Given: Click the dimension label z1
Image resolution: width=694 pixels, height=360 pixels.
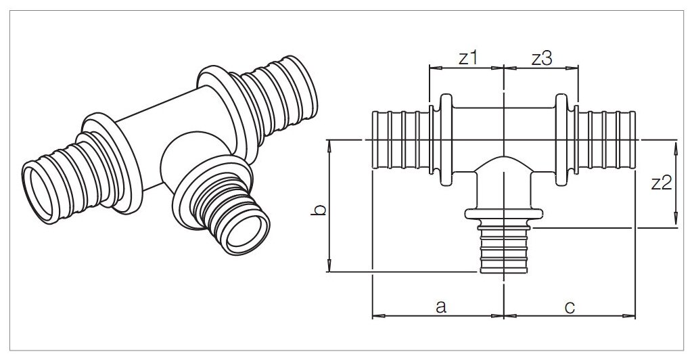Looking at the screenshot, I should click(467, 58).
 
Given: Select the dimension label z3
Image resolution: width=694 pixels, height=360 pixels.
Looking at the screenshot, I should click(541, 58).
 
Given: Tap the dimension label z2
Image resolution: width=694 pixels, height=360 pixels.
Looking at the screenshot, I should click(661, 183).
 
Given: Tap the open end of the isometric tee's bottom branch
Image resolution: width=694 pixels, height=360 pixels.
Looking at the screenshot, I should click(246, 234).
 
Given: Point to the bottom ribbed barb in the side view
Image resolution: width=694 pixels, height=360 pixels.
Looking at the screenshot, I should click(503, 250).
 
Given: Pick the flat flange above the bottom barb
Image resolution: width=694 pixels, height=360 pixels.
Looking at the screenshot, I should click(504, 215).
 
